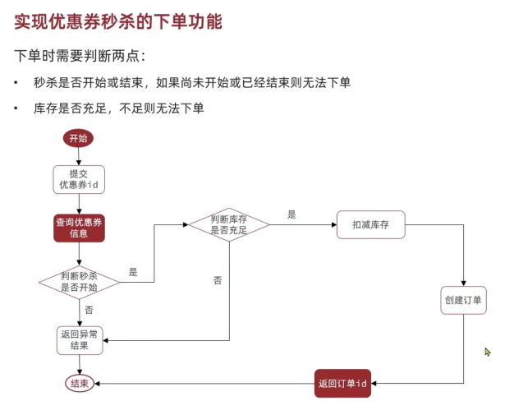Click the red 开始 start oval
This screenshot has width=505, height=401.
click(78, 138)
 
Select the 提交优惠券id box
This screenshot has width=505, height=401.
click(79, 180)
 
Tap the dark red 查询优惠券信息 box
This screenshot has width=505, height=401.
click(79, 228)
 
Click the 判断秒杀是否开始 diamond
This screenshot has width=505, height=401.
click(79, 282)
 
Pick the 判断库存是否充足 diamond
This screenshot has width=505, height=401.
click(229, 224)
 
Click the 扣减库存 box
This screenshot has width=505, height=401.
click(370, 224)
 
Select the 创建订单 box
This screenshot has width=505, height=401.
click(463, 300)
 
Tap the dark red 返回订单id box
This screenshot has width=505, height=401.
click(342, 383)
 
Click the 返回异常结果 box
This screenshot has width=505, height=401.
click(80, 340)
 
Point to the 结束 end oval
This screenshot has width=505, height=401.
click(80, 383)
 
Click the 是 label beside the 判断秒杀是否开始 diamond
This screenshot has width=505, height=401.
click(133, 272)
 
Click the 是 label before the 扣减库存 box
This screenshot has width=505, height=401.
click(292, 214)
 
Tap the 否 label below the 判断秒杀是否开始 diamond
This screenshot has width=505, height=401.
click(89, 310)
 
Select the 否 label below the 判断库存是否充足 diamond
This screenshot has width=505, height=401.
click(218, 280)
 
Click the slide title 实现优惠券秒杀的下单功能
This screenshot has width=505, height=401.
click(118, 21)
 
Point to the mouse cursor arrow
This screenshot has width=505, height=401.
click(488, 352)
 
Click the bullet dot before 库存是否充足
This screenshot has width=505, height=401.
click(16, 108)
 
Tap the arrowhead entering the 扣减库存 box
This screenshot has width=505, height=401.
click(334, 224)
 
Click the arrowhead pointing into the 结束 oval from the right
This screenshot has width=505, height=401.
click(97, 383)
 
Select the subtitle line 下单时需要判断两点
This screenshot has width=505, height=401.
click(80, 56)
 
